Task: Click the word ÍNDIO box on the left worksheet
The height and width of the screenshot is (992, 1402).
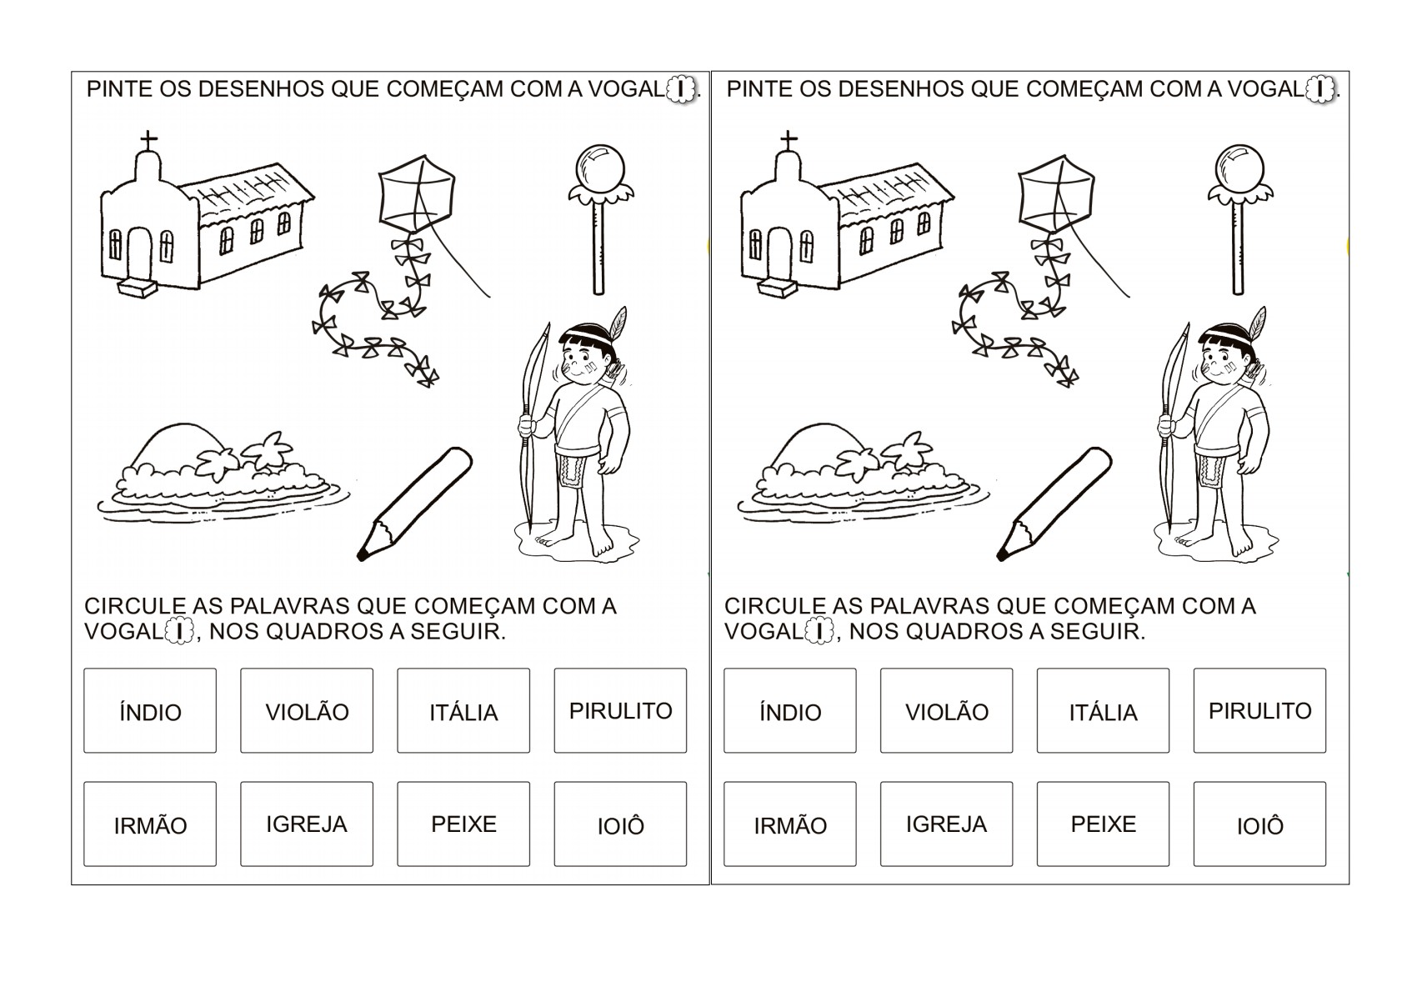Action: pyautogui.click(x=150, y=711)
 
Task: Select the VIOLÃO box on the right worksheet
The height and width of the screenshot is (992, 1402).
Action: pyautogui.click(x=946, y=711)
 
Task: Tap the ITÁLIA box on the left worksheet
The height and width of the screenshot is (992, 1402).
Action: pyautogui.click(x=463, y=711)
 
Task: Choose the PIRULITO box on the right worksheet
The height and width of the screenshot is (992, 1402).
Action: pyautogui.click(x=1259, y=711)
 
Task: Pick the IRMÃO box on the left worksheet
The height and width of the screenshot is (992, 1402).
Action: pyautogui.click(x=150, y=824)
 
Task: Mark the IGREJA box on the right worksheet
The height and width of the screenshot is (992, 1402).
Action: pyautogui.click(x=946, y=824)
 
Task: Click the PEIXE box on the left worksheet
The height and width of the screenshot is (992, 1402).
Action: pyautogui.click(x=463, y=824)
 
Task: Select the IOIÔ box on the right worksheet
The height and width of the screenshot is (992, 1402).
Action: pyautogui.click(x=1259, y=824)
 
